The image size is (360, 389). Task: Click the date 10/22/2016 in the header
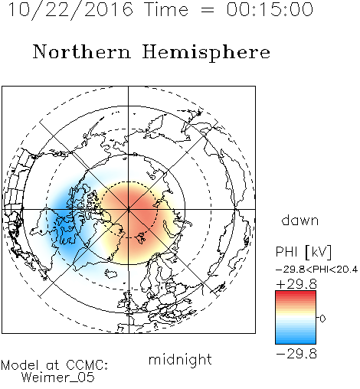[70, 10]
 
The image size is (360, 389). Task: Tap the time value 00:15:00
[270, 9]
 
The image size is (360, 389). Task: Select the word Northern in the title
[82, 51]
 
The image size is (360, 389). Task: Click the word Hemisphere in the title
[206, 52]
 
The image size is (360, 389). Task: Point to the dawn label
[300, 220]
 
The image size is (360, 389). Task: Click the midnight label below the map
[180, 360]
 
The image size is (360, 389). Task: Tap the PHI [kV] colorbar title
[303, 252]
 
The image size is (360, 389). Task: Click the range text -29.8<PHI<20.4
[316, 270]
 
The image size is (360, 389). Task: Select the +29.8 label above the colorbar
[296, 284]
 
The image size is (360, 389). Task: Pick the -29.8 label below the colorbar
[296, 354]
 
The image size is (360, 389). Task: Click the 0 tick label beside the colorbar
[322, 319]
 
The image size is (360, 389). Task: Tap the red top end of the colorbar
[296, 293]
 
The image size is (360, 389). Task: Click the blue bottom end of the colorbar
[296, 342]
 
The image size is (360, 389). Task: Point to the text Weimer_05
[58, 378]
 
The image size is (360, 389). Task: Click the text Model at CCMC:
[54, 365]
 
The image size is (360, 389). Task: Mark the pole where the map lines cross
[129, 209]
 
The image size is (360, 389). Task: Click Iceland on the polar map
[111, 273]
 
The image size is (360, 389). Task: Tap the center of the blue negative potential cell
[65, 220]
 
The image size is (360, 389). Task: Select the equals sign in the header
[208, 11]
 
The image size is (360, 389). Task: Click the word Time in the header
[166, 9]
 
